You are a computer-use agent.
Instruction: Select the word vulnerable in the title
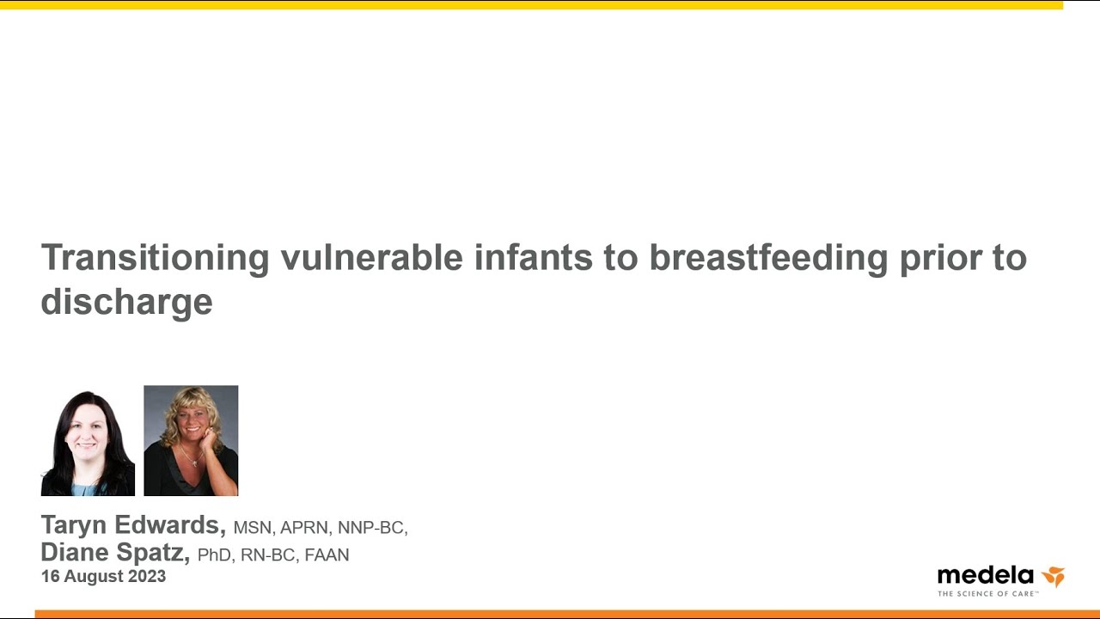pyautogui.click(x=372, y=257)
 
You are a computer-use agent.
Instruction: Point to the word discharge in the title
pyautogui.click(x=126, y=302)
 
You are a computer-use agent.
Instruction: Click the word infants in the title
pyautogui.click(x=534, y=257)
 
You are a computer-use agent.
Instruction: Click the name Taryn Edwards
pyautogui.click(x=133, y=525)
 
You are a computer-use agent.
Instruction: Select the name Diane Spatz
pyautogui.click(x=115, y=552)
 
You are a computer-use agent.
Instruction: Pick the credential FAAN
pyautogui.click(x=327, y=555)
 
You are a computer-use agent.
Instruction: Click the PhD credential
pyautogui.click(x=214, y=555)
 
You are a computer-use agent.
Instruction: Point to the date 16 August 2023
pyautogui.click(x=104, y=577)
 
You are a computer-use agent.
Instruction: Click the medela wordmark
pyautogui.click(x=985, y=575)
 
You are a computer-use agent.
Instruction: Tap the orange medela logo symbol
pyautogui.click(x=1053, y=576)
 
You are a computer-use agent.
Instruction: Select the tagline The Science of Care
pyautogui.click(x=987, y=594)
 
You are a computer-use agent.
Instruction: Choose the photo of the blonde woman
pyautogui.click(x=191, y=441)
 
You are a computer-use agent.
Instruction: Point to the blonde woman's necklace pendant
pyautogui.click(x=194, y=463)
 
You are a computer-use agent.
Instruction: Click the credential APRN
pyautogui.click(x=304, y=528)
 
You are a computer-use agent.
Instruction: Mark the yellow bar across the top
pyautogui.click(x=531, y=5)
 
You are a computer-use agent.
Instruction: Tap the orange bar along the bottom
pyautogui.click(x=567, y=614)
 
